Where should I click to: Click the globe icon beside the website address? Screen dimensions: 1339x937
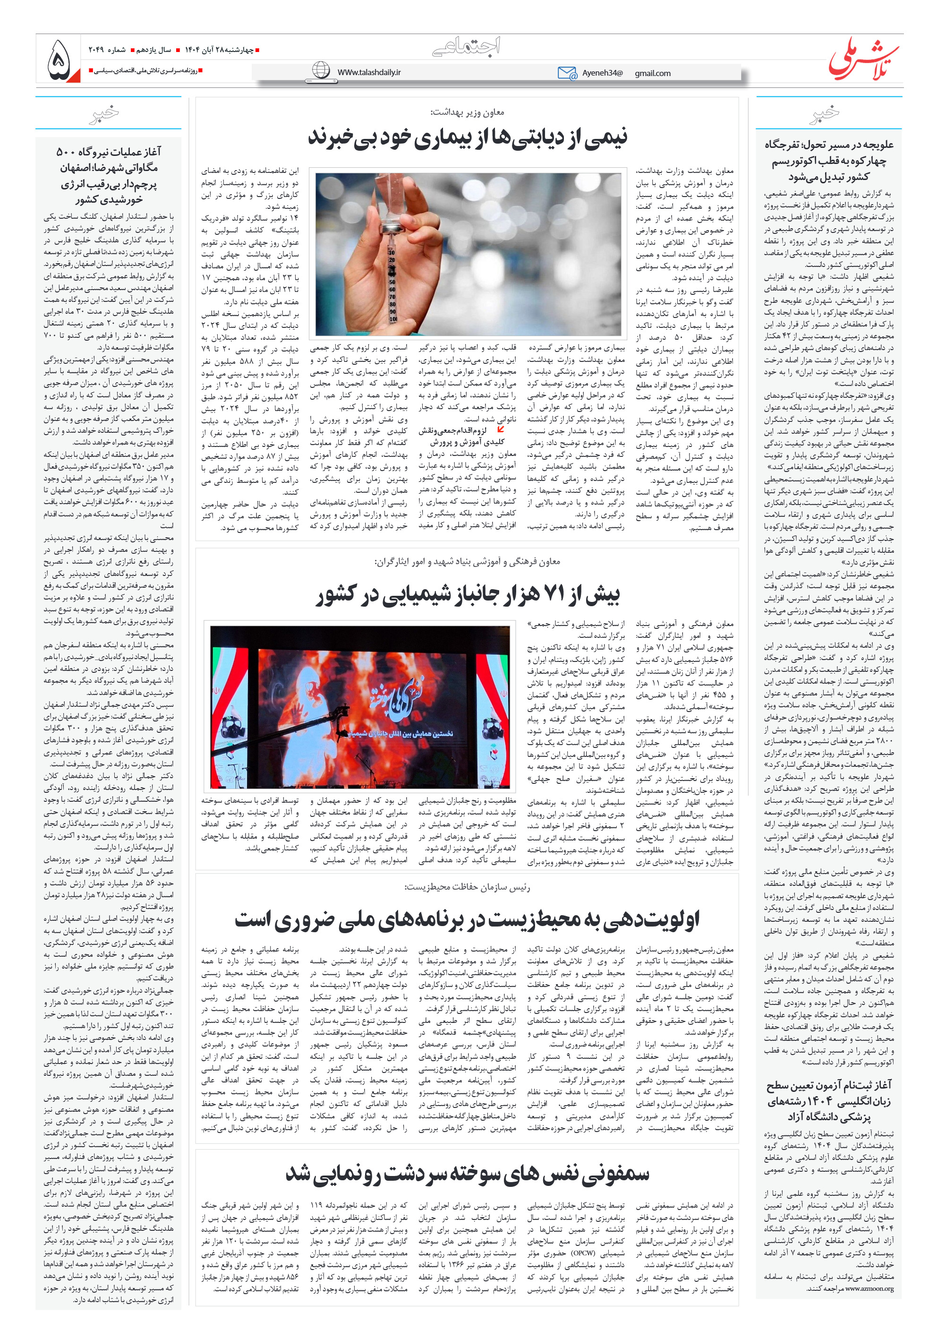coord(321,70)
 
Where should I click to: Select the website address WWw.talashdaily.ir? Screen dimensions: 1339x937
coord(368,72)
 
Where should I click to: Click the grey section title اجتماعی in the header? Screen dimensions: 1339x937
coord(467,46)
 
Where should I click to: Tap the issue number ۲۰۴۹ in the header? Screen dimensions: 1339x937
coord(97,50)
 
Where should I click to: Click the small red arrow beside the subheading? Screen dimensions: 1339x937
coord(500,429)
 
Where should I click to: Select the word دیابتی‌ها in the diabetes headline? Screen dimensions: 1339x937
coord(526,137)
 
